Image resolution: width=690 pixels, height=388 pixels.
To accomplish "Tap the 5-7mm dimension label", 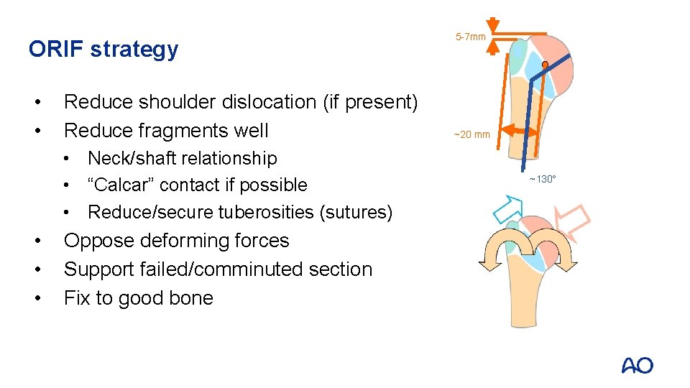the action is point(471,37).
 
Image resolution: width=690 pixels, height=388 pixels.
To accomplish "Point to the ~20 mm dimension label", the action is point(471,134).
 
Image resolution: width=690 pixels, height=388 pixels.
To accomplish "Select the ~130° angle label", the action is point(543,178).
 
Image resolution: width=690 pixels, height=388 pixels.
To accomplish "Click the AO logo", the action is point(637,365).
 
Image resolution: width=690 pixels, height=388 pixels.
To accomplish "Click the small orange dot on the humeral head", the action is point(545,65).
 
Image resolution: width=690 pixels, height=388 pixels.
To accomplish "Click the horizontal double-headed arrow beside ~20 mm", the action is point(521,131).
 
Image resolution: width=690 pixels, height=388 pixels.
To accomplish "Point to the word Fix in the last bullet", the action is point(78,298).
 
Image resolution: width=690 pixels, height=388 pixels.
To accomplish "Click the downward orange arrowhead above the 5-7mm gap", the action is point(492,23).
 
